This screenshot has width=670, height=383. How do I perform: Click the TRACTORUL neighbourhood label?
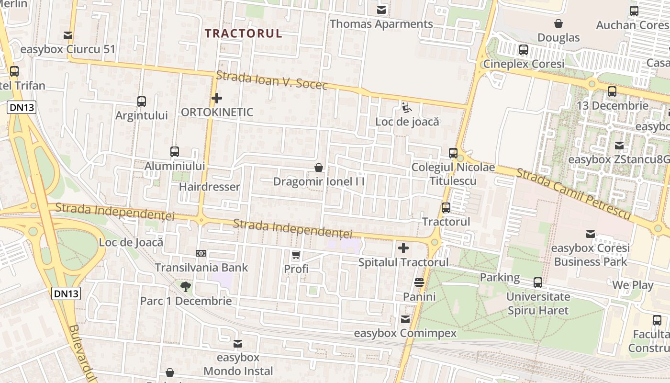click(244, 33)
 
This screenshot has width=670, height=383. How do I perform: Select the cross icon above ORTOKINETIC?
click(217, 99)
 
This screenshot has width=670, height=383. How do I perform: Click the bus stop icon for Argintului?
click(142, 101)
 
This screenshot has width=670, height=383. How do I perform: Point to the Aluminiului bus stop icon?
click(175, 152)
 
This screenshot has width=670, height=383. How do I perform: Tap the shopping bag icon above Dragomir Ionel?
click(319, 168)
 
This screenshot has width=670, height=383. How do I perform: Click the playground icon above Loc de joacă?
click(406, 107)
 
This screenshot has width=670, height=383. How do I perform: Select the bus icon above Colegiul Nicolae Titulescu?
click(453, 153)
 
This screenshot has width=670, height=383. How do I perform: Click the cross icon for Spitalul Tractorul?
click(403, 248)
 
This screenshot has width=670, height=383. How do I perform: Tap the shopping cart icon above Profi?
click(296, 255)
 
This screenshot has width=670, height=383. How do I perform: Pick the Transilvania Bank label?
click(201, 267)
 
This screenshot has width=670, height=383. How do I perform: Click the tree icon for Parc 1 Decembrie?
click(186, 287)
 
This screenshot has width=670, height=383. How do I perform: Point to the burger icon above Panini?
click(419, 282)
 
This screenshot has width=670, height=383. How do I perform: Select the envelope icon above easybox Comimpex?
click(405, 319)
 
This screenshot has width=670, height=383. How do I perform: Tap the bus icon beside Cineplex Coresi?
click(524, 50)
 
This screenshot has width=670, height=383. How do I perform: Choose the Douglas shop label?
click(558, 37)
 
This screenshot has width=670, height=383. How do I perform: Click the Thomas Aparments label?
click(381, 24)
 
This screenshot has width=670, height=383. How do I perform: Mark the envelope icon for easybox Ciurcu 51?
click(68, 35)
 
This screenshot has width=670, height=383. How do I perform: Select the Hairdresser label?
click(209, 187)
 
